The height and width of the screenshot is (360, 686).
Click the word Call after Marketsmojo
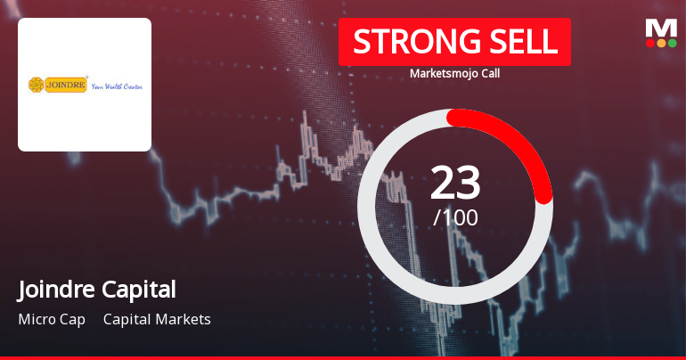[x=488, y=73]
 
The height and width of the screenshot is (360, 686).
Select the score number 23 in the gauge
[x=455, y=184]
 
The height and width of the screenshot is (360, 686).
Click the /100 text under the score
[x=455, y=217]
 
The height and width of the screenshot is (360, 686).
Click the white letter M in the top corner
[x=661, y=28]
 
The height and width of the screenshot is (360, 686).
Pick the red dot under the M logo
[x=650, y=43]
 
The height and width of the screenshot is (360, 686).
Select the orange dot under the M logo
[x=661, y=43]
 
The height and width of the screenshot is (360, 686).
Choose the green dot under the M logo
[x=672, y=43]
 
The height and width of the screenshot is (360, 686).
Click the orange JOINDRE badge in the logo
[x=66, y=85]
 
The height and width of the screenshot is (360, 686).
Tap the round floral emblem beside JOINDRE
[x=37, y=85]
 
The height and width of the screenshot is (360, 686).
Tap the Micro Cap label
[x=51, y=319]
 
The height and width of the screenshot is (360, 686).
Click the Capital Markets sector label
[x=157, y=319]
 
